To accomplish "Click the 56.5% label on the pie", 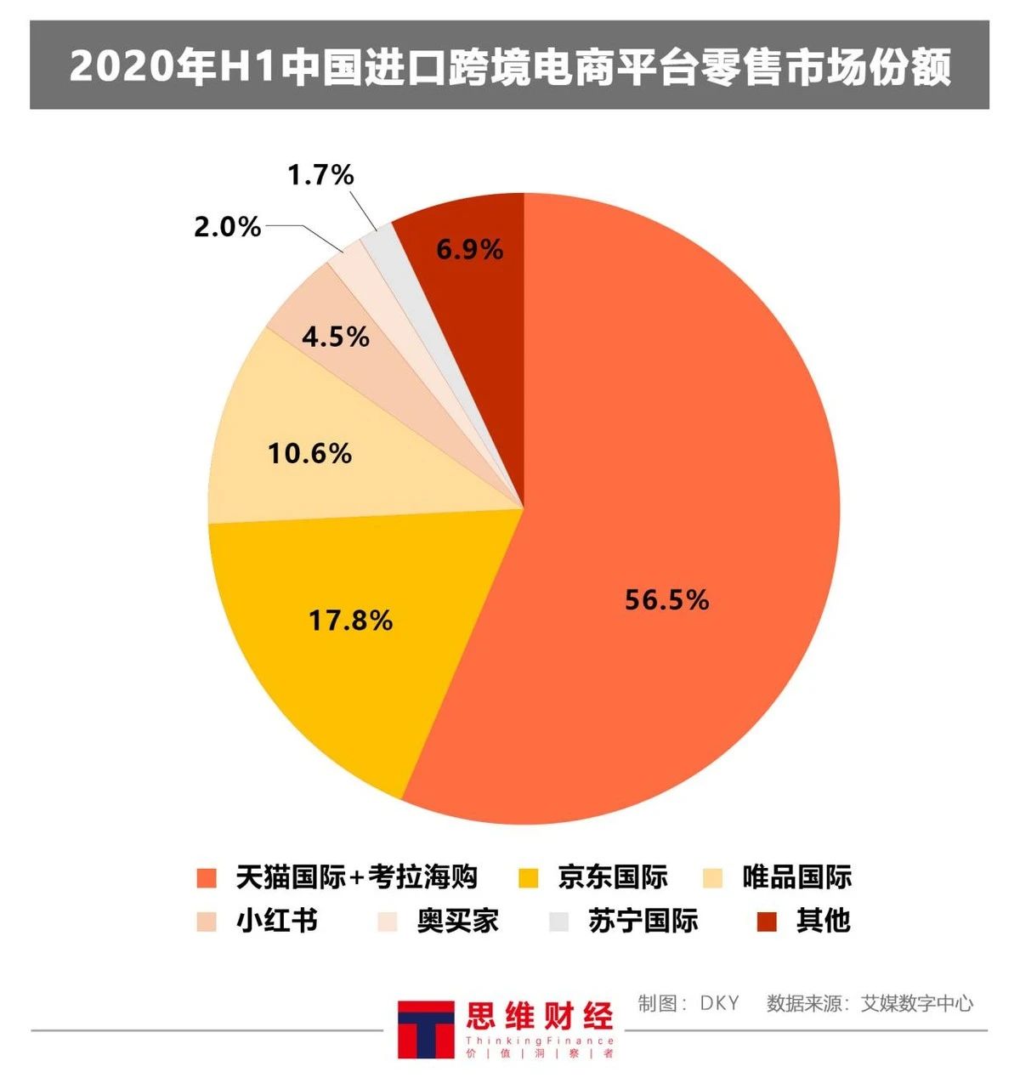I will coord(666,600).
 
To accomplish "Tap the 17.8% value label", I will coord(350,621).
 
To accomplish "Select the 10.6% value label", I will coord(309,454).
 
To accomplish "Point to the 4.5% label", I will coord(336,337).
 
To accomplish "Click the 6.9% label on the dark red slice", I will coord(469,250).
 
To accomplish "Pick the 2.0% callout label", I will coord(227,227).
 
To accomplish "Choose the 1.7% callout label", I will coord(320,176).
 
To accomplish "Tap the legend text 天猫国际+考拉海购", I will coord(356,877).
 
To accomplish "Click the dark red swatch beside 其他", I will coord(767,922).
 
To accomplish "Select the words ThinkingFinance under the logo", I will coord(539,1041).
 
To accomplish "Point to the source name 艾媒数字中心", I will coord(917,1003).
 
